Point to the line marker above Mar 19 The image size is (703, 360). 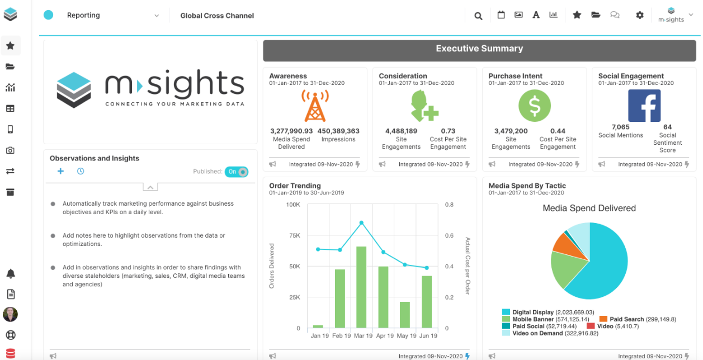pyautogui.click(x=361, y=222)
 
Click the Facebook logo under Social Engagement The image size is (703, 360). pyautogui.click(x=644, y=106)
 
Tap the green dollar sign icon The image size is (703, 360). pyautogui.click(x=534, y=106)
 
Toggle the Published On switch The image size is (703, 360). pyautogui.click(x=237, y=172)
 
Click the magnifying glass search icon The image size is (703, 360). pyautogui.click(x=478, y=16)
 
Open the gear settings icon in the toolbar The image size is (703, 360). pyautogui.click(x=640, y=15)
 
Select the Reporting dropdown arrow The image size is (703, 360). pyautogui.click(x=157, y=16)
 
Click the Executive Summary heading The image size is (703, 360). pyautogui.click(x=479, y=49)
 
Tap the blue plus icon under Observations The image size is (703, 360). pyautogui.click(x=60, y=171)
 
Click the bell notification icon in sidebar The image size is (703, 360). pyautogui.click(x=10, y=273)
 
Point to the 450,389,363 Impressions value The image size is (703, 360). pyautogui.click(x=338, y=131)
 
